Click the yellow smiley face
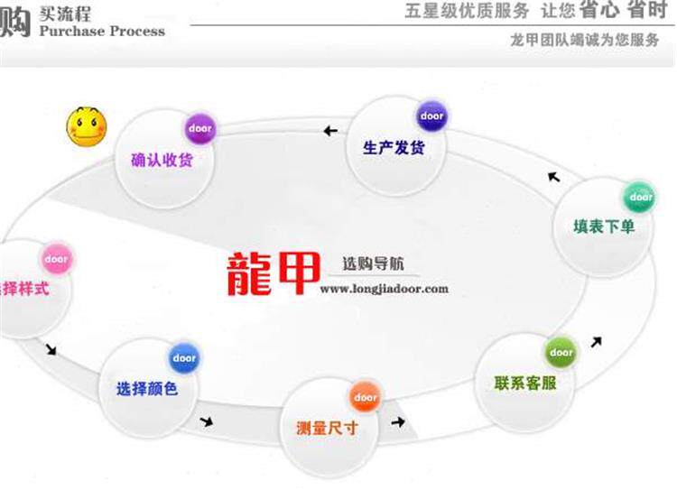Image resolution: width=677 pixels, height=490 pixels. pos(86,125)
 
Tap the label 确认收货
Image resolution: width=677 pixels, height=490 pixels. pos(162,161)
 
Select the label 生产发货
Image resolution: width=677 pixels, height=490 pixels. pos(394,147)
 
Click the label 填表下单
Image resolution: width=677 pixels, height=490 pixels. pos(604,226)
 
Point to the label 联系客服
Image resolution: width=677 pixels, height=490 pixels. pos(525,382)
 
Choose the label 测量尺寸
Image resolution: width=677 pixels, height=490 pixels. pos(327,427)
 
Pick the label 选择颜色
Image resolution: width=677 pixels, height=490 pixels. pos(147,389)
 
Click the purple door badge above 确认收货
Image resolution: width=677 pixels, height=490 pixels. pos(199,129)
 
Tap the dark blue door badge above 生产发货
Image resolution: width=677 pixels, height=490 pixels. pos(431,116)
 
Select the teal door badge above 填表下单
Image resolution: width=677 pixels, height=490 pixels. pos(640,197)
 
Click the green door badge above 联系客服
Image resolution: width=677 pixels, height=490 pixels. pos(561,352)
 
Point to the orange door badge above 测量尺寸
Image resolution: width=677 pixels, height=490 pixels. pos(365,397)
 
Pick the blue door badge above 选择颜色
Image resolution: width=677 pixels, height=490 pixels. pos(184,358)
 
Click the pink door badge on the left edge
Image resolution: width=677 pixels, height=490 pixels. pos(56,260)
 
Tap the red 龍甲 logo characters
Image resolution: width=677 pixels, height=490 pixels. pos(269,272)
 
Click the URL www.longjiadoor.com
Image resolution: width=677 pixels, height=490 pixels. pos(384,290)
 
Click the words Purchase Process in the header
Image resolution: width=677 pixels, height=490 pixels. pos(102,31)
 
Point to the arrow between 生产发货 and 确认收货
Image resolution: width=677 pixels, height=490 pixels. pos(330,132)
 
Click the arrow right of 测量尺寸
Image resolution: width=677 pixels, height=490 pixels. pos(398,421)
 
